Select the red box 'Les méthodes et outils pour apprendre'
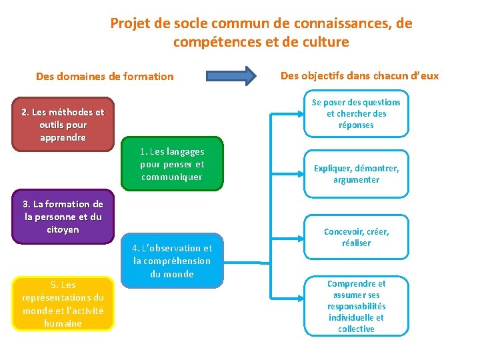pos(63,125)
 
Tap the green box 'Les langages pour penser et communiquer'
pos(172,165)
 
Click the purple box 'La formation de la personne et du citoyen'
pos(63,217)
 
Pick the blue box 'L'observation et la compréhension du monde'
pos(172,261)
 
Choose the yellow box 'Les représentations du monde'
pos(63,304)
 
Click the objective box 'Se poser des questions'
pos(356,113)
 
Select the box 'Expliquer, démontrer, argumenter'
pos(356,174)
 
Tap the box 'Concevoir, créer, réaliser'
pos(356,237)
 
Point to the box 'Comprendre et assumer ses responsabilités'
pos(356,306)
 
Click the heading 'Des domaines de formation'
pos(105,77)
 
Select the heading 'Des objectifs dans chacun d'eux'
pos(359,75)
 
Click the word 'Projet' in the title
pos(130,24)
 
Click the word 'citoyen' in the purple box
pos(63,230)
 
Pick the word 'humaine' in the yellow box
pos(63,323)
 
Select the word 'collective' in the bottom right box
pos(356,329)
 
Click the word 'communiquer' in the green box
pos(172,177)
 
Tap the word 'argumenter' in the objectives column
pos(356,180)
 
